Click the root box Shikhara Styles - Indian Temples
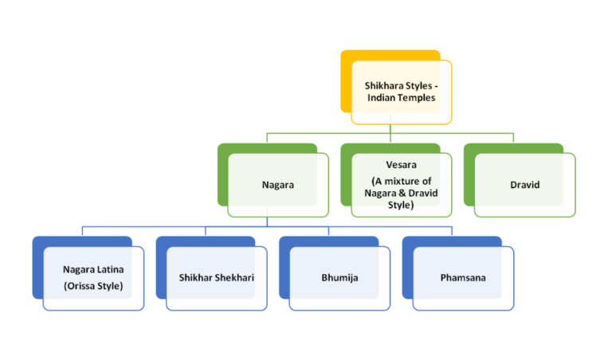pos(401,92)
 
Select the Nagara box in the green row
pos(277,185)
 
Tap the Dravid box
pos(524,185)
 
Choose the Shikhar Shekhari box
pos(216,279)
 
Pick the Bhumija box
pos(339,279)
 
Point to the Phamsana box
pos(462,279)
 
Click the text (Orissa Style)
pos(93,285)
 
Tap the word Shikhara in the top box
pos(383,84)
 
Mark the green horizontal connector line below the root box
pos(446,133)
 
